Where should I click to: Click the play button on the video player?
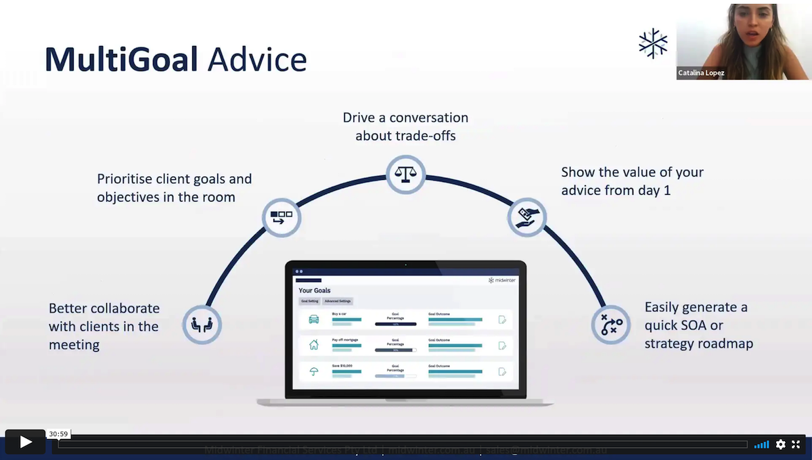pyautogui.click(x=25, y=442)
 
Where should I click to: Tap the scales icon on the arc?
pyautogui.click(x=405, y=175)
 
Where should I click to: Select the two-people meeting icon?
pyautogui.click(x=202, y=325)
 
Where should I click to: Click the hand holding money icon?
pyautogui.click(x=526, y=217)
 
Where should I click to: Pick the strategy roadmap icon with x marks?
pyautogui.click(x=611, y=325)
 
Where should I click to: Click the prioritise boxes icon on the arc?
pyautogui.click(x=281, y=217)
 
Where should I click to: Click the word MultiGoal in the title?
pyautogui.click(x=121, y=60)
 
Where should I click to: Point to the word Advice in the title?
pyautogui.click(x=257, y=60)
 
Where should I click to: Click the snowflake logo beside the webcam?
pyautogui.click(x=653, y=43)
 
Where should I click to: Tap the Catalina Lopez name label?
pyautogui.click(x=701, y=73)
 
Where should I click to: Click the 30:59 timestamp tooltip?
pyautogui.click(x=58, y=434)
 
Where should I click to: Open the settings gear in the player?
pyautogui.click(x=780, y=444)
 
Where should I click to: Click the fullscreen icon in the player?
pyautogui.click(x=796, y=444)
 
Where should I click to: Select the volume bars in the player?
pyautogui.click(x=761, y=444)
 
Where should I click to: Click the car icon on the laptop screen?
pyautogui.click(x=313, y=319)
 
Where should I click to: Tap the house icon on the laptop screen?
pyautogui.click(x=313, y=345)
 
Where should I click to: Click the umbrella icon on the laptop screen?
pyautogui.click(x=313, y=371)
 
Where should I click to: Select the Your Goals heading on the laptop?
pyautogui.click(x=315, y=290)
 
